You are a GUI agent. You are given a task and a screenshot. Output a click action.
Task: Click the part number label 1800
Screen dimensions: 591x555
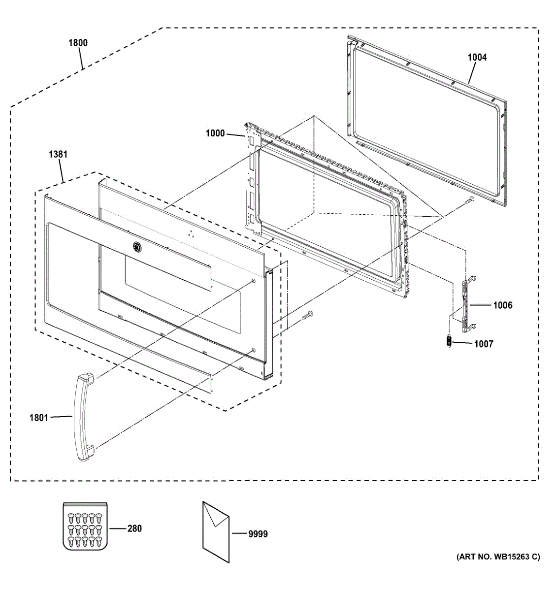[78, 42]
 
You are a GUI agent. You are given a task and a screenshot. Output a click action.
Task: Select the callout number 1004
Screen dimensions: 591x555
[477, 57]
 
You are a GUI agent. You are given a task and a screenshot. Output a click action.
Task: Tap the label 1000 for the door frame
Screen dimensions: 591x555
[215, 133]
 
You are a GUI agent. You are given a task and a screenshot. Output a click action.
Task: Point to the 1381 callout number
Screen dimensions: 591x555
[58, 154]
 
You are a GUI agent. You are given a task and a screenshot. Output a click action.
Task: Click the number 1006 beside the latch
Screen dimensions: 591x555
[503, 305]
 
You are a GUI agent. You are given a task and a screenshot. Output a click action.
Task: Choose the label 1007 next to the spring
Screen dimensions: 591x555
[484, 344]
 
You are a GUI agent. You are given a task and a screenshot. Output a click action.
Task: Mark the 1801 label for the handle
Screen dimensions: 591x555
[38, 418]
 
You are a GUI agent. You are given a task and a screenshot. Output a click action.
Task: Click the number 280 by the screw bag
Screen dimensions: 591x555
[134, 528]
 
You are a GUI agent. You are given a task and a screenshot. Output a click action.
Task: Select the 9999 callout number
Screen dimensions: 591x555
[258, 534]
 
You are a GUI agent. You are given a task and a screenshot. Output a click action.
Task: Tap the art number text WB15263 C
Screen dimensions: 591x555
[498, 557]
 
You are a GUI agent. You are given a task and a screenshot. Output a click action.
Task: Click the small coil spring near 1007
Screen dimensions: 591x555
[449, 341]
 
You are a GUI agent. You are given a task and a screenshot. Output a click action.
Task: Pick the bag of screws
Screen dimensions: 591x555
[85, 525]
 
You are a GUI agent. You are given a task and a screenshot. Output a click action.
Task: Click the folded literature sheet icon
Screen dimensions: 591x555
[216, 532]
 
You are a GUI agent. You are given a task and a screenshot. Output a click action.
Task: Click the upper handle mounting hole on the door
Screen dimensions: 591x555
[253, 281]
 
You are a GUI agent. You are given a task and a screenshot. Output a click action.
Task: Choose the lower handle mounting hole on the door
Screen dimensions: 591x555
[253, 350]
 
